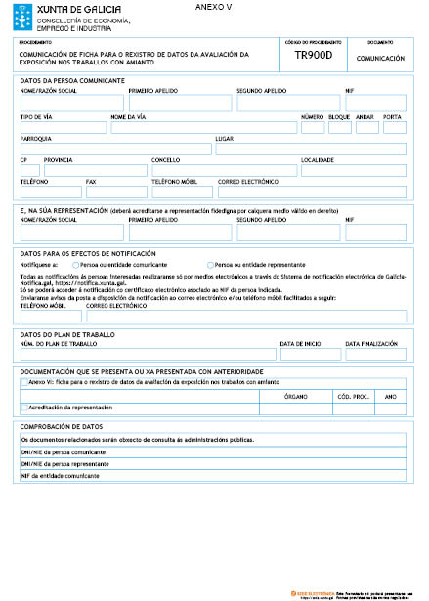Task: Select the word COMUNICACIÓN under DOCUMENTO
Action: [x=380, y=59]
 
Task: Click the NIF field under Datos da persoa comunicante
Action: [x=375, y=103]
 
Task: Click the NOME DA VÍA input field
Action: [x=203, y=127]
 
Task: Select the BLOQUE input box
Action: [x=339, y=127]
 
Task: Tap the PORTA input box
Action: [x=394, y=127]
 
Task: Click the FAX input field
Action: [x=116, y=193]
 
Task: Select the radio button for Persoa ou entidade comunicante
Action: [x=76, y=265]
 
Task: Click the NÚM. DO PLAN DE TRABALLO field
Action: [x=148, y=354]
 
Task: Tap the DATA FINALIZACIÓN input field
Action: [x=375, y=354]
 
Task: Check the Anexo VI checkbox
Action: [x=24, y=383]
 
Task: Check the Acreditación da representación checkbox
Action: [x=24, y=407]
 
